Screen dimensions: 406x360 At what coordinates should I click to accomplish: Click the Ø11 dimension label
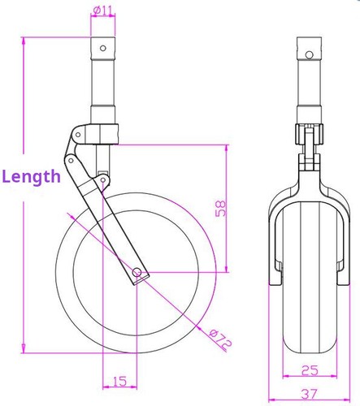103,10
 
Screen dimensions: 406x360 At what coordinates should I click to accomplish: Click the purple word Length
31,176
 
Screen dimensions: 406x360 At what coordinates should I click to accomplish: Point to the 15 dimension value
119,381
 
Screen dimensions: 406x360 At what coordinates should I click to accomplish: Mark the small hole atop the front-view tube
308,54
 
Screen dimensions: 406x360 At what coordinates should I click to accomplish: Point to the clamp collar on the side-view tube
103,131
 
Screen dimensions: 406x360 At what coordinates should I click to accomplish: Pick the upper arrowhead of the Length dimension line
24,41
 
